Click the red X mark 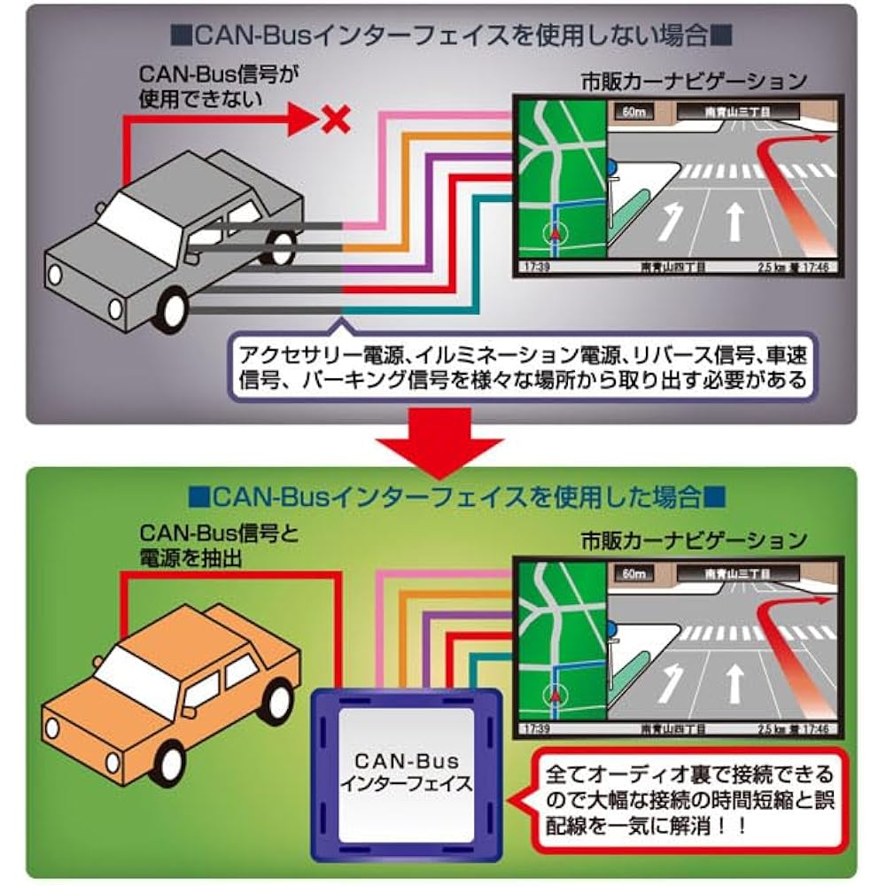(x=335, y=119)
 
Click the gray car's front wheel (x=172, y=307)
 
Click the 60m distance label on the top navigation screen (x=631, y=113)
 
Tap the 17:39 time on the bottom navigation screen (x=537, y=728)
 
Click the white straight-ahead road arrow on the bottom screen (x=734, y=680)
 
